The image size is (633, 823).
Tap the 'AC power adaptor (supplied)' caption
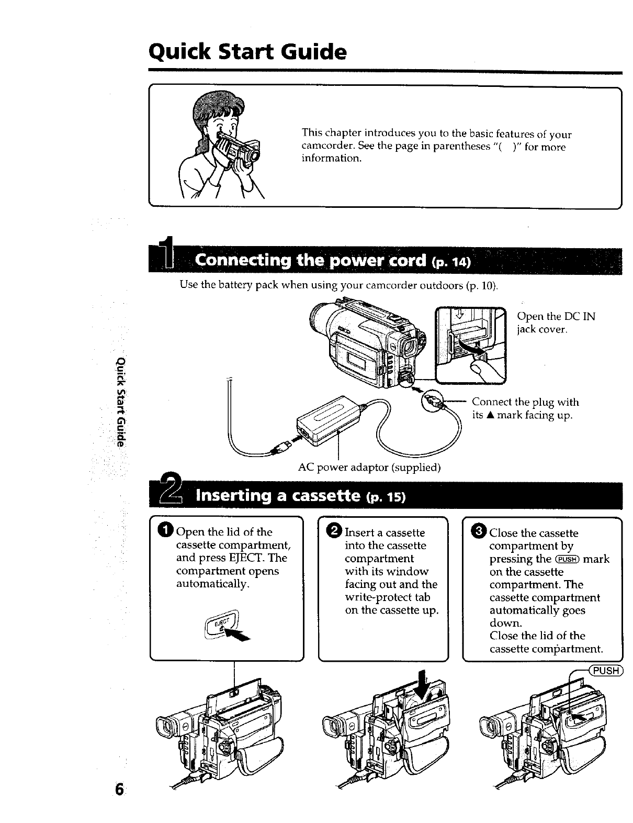pos(369,466)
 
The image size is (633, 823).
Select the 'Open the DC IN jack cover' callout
pos(556,323)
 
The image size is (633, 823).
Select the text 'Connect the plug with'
pos(525,402)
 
